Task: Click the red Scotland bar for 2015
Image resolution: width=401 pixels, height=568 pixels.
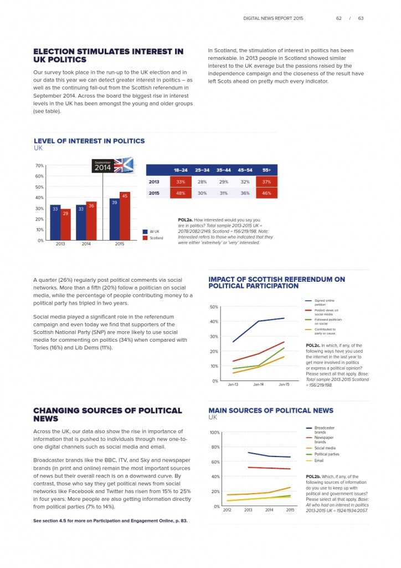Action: pyautogui.click(x=125, y=216)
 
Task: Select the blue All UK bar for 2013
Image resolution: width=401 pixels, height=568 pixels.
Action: pyautogui.click(x=55, y=222)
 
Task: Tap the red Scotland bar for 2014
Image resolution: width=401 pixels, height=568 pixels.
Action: pyautogui.click(x=91, y=221)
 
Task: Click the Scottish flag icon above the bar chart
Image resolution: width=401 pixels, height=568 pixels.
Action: pyautogui.click(x=124, y=165)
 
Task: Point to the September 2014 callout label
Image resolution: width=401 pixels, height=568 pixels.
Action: pyautogui.click(x=103, y=166)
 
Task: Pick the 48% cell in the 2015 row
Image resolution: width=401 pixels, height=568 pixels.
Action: pyautogui.click(x=181, y=192)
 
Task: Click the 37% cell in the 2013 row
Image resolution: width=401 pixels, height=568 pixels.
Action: pyautogui.click(x=266, y=181)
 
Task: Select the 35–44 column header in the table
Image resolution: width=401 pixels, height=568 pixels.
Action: pyautogui.click(x=224, y=170)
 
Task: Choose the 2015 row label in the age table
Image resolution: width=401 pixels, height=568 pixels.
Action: pyautogui.click(x=155, y=192)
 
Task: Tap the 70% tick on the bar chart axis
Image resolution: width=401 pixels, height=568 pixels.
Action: pyautogui.click(x=40, y=166)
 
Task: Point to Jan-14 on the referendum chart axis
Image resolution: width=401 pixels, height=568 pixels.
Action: pyautogui.click(x=259, y=384)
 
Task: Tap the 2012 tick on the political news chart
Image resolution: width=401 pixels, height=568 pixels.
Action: pyautogui.click(x=227, y=510)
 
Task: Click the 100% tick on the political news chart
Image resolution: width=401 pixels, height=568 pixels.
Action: pyautogui.click(x=215, y=433)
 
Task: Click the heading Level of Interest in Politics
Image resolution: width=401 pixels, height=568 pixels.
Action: pyautogui.click(x=89, y=141)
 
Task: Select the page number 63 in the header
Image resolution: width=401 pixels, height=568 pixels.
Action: pyautogui.click(x=361, y=18)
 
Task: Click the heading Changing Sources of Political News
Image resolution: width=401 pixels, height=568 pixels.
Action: pyautogui.click(x=107, y=414)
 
